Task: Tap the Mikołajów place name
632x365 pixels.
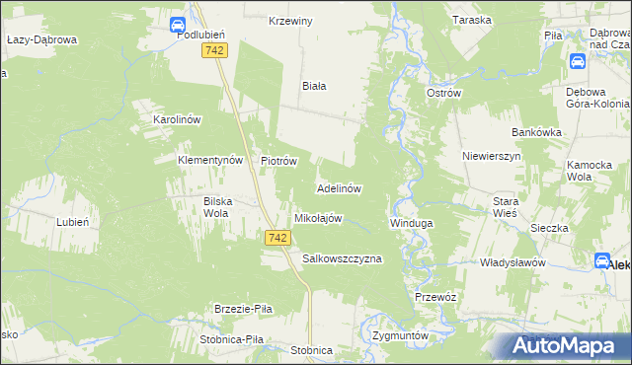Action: pyautogui.click(x=318, y=218)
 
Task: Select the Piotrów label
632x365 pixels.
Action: pyautogui.click(x=278, y=161)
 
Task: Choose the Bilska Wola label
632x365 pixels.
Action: pyautogui.click(x=217, y=207)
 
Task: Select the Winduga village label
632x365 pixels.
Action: pyautogui.click(x=411, y=223)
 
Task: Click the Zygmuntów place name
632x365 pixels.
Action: pyautogui.click(x=401, y=334)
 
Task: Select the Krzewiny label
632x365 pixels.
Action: pyautogui.click(x=290, y=21)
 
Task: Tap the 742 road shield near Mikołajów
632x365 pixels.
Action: pyautogui.click(x=277, y=238)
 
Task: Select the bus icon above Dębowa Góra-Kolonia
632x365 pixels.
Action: pyautogui.click(x=578, y=61)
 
